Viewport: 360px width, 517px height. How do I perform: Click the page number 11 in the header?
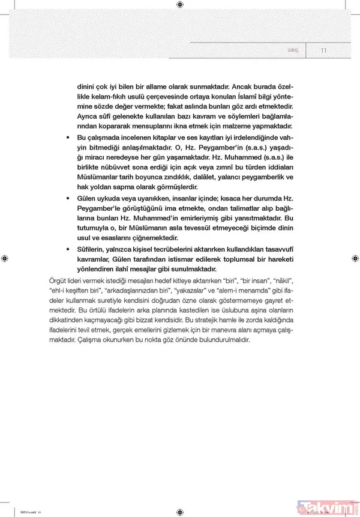[x=323, y=50]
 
